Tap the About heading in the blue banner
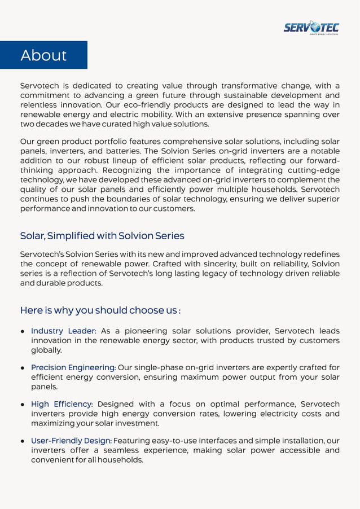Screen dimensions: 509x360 point(43,55)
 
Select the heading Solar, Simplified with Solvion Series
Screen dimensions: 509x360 point(102,235)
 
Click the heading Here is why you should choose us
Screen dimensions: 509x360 point(100,310)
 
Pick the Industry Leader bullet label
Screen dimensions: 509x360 point(63,331)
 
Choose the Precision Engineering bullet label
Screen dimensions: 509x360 point(73,367)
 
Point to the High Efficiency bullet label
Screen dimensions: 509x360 point(62,404)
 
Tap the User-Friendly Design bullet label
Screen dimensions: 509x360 point(71,440)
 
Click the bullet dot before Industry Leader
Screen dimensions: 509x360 point(23,331)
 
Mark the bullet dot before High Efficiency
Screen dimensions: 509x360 point(23,405)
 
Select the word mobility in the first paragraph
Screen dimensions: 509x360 point(150,114)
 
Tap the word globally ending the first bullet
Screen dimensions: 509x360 point(46,350)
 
